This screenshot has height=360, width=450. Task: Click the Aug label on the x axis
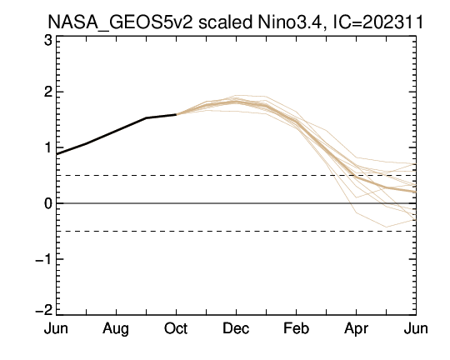pyautogui.click(x=116, y=329)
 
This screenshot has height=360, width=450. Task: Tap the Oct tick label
pyautogui.click(x=176, y=328)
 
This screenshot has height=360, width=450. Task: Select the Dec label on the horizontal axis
pyautogui.click(x=236, y=328)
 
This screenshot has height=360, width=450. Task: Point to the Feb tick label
pyautogui.click(x=296, y=328)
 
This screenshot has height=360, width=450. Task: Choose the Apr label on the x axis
pyautogui.click(x=356, y=329)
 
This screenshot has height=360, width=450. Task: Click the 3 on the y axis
pyautogui.click(x=48, y=40)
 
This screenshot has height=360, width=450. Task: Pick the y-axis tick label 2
pyautogui.click(x=48, y=92)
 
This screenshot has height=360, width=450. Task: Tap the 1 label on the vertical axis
pyautogui.click(x=48, y=147)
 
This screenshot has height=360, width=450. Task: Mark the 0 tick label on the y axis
pyautogui.click(x=48, y=203)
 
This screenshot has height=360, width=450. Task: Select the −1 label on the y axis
pyautogui.click(x=44, y=259)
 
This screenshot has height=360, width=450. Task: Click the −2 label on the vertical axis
pyautogui.click(x=44, y=310)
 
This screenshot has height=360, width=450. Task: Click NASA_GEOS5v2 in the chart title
pyautogui.click(x=120, y=22)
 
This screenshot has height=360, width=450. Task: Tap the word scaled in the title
pyautogui.click(x=225, y=22)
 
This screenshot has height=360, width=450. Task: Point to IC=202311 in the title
pyautogui.click(x=378, y=22)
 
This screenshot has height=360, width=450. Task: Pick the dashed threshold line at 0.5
pyautogui.click(x=236, y=175)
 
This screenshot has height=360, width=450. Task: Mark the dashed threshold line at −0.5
pyautogui.click(x=236, y=231)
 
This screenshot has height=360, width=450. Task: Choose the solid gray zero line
pyautogui.click(x=236, y=203)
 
